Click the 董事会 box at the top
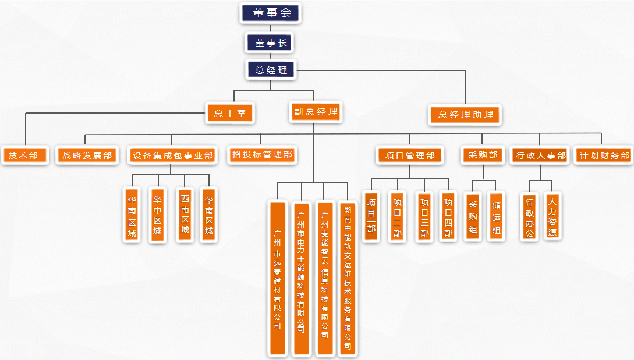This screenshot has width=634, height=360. pos(271,13)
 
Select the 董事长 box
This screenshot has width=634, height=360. pos(271,43)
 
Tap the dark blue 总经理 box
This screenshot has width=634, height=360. pos(271,70)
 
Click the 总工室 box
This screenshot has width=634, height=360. pos(231,113)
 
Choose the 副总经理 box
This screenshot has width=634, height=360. pos(316,112)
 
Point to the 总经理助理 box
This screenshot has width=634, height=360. pos(465,115)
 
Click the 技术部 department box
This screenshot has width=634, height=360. pos(24,156)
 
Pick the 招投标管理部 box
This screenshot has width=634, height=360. pos(262,155)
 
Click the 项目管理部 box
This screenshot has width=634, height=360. pos(410,156)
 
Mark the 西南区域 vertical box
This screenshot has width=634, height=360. pos(185,214)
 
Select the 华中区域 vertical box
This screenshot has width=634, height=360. pos(158,214)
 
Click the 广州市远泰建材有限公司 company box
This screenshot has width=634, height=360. pos(278,278)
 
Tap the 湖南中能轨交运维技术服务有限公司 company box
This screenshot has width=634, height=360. pos(348,278)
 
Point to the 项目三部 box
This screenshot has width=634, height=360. pos(424,217)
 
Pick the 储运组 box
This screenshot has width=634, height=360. pos(496,217)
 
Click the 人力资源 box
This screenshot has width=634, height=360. pos(552,216)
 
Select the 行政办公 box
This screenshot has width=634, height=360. pos(529,217)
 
